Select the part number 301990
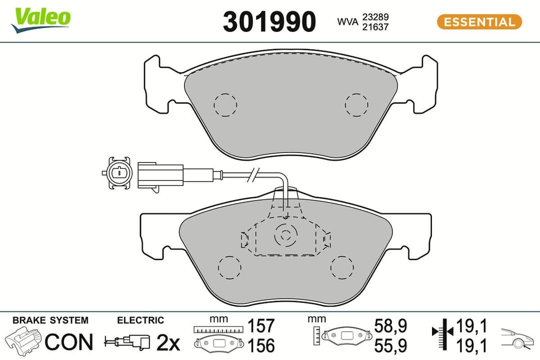click(x=269, y=22)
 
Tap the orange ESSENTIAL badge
click(x=479, y=22)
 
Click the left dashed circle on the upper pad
click(x=225, y=105)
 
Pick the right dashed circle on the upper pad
click(x=356, y=104)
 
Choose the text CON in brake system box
click(x=69, y=342)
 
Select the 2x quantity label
click(x=168, y=342)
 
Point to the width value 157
click(x=261, y=326)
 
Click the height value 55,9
click(x=390, y=345)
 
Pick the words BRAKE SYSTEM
click(x=50, y=320)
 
